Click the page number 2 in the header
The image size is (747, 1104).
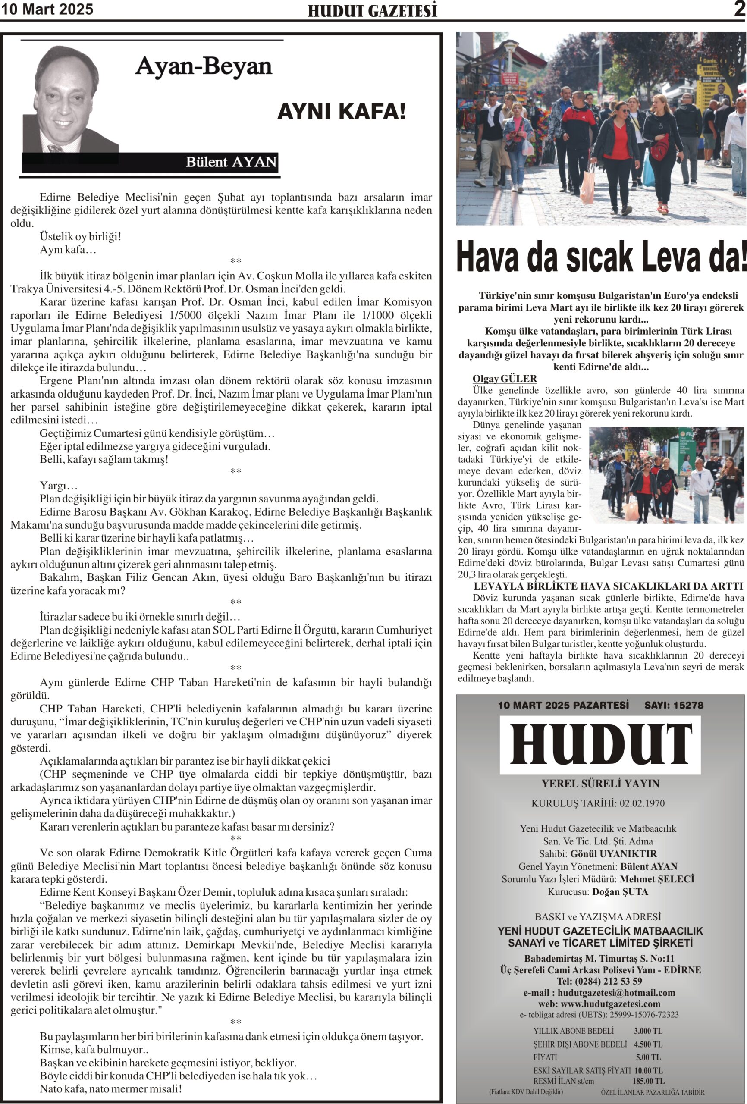pyautogui.click(x=739, y=9)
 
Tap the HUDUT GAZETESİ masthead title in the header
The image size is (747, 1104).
pyautogui.click(x=372, y=11)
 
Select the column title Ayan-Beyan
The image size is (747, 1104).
pyautogui.click(x=204, y=66)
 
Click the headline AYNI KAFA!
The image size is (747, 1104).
pyautogui.click(x=341, y=111)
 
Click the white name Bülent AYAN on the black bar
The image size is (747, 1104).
pyautogui.click(x=231, y=162)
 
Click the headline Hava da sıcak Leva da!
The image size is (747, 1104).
pyautogui.click(x=601, y=257)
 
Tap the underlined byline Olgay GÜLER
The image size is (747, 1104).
pyautogui.click(x=504, y=379)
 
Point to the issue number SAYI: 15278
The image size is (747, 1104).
pyautogui.click(x=673, y=705)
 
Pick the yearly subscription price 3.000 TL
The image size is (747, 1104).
pyautogui.click(x=648, y=1031)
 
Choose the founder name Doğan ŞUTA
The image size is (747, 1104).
pyautogui.click(x=620, y=892)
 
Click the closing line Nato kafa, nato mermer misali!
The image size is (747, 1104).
pyautogui.click(x=110, y=1088)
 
